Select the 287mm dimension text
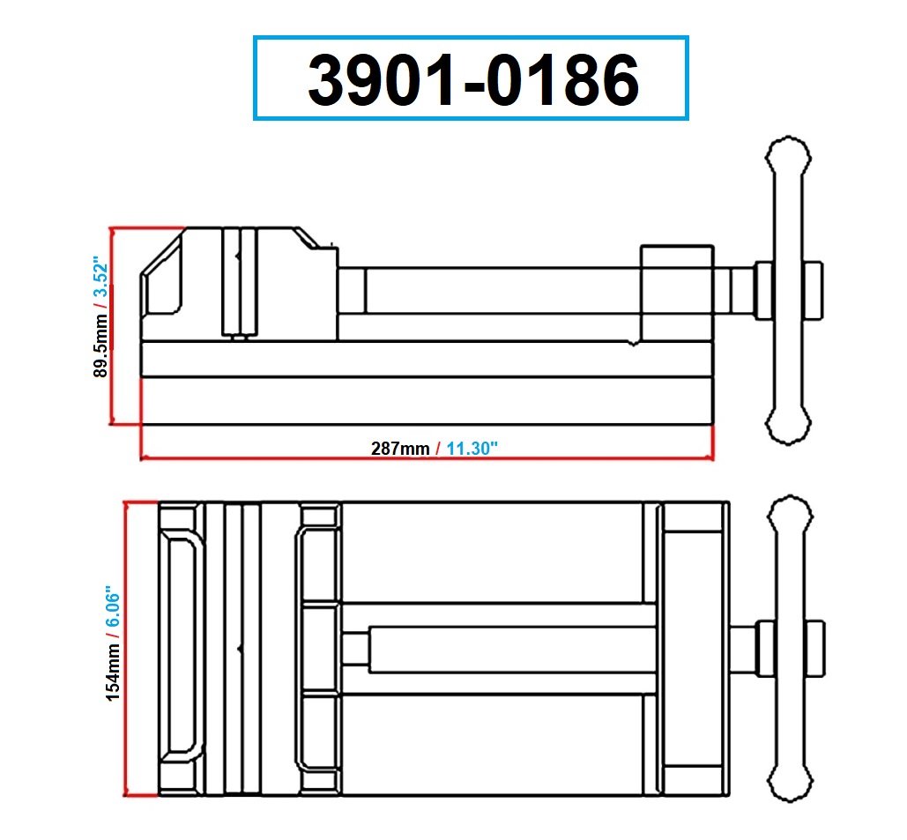point(399,448)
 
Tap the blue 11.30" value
point(472,448)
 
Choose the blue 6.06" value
point(113,607)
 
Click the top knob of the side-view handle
point(789,159)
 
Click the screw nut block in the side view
point(676,293)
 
